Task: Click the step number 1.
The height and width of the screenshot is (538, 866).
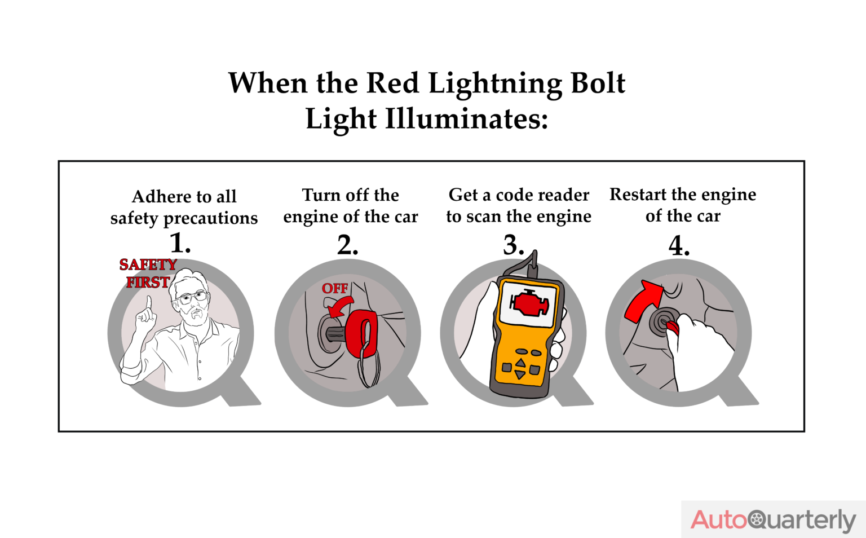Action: tap(179, 243)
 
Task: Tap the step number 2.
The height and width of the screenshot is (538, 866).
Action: tap(347, 245)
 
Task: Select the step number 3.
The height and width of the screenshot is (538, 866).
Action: tap(512, 245)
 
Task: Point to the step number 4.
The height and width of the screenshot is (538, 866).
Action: tap(678, 246)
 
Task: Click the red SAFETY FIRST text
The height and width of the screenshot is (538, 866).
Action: tap(148, 273)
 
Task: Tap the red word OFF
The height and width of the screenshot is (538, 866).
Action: tap(335, 288)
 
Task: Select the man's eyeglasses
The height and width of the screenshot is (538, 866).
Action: tap(192, 297)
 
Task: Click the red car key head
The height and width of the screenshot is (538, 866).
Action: tap(361, 333)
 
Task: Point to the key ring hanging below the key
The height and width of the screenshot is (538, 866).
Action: tap(369, 369)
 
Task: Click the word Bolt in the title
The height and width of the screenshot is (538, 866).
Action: tap(598, 83)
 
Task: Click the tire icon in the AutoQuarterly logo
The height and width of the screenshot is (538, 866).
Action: tap(756, 519)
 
